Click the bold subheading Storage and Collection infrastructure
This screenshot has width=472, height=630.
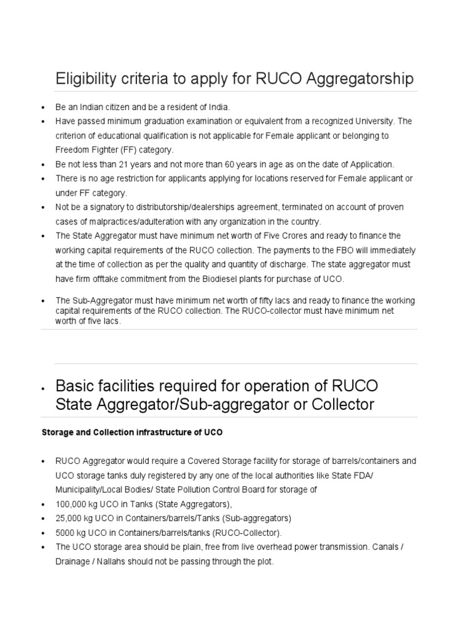pos(132,433)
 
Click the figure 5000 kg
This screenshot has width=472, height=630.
pos(73,532)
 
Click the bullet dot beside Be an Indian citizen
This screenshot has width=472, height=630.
pos(44,108)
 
